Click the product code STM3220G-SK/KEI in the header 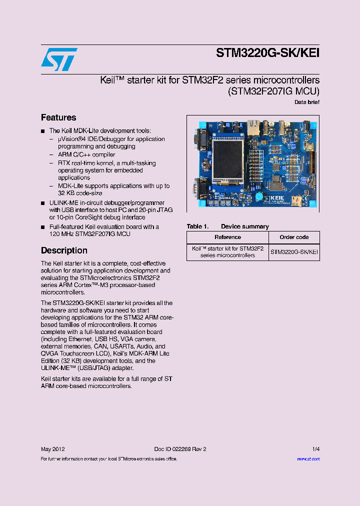coord(267,53)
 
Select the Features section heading coord(58,117)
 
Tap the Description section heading coord(64,250)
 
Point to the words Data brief coord(307,102)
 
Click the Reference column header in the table coord(227,237)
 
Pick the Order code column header coord(294,237)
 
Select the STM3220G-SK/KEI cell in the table coord(294,252)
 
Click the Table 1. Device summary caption coord(227,226)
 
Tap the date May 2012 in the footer coord(52,449)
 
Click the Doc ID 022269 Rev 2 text coord(180,449)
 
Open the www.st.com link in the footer coord(308,458)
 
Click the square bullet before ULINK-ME coord(43,203)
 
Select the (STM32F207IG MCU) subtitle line coord(273,91)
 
